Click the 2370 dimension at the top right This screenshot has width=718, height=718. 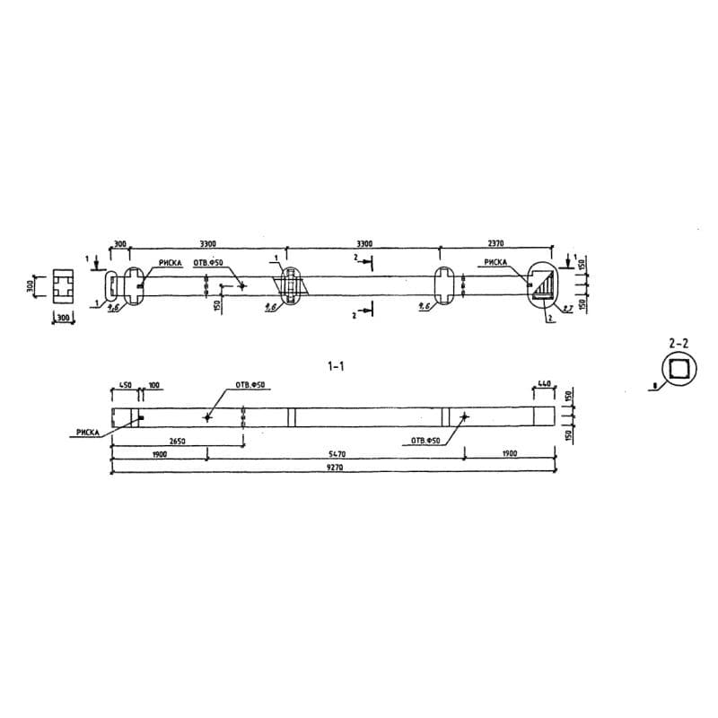[x=497, y=243]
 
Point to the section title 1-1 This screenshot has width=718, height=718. [x=336, y=366]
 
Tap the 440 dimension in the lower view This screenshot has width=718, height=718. [x=543, y=384]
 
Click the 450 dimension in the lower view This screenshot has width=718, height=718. [x=125, y=385]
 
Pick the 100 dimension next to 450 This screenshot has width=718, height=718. [x=153, y=385]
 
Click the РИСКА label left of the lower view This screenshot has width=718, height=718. [x=87, y=432]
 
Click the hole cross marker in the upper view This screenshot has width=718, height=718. [x=241, y=286]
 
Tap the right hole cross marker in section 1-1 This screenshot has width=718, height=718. [x=464, y=416]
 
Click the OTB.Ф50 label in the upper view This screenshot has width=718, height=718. [x=207, y=263]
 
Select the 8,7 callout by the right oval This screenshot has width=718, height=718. [x=568, y=308]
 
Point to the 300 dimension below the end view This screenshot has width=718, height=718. [x=64, y=318]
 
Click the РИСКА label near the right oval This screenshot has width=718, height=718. [x=496, y=263]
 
